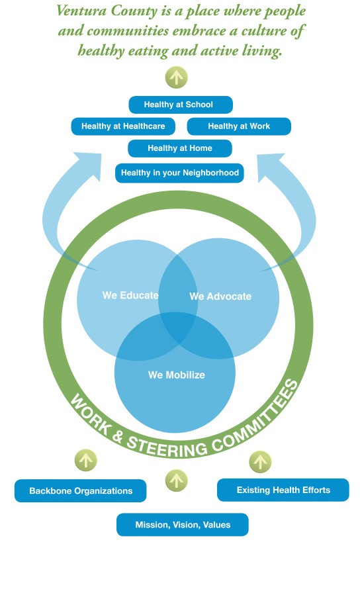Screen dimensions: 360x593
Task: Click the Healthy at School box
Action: coord(181,105)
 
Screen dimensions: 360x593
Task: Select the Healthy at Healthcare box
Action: coord(123,126)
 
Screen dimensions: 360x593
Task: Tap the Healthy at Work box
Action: coord(239,126)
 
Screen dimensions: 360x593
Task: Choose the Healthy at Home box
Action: coord(180,148)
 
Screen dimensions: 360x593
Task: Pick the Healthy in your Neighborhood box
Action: coord(179,173)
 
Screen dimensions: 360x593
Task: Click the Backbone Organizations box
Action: coord(81,491)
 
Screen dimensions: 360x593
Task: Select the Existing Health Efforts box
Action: coord(283,490)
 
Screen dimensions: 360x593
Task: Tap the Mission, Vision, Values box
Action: coord(183,525)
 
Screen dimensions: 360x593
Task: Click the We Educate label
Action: coord(130,295)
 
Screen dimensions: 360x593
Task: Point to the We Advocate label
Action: coord(220,296)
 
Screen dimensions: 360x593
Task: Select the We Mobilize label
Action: coord(177,375)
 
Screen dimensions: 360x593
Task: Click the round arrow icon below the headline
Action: coord(176,77)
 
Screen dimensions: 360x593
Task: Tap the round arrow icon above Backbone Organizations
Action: coord(86,460)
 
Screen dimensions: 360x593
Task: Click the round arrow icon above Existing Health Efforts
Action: coord(260,462)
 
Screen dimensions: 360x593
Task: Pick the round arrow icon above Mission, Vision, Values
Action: coord(176,480)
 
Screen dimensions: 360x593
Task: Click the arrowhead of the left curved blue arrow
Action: coord(89,163)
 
